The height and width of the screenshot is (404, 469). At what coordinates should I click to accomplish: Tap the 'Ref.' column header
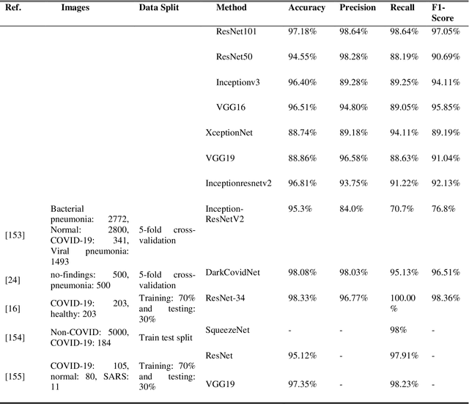[13, 8]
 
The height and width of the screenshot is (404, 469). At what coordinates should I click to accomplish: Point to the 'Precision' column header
[358, 8]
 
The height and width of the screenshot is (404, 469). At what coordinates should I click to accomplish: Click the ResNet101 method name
[236, 32]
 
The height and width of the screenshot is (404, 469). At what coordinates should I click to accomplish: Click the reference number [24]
[12, 279]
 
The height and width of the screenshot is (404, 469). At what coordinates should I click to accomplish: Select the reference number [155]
[15, 378]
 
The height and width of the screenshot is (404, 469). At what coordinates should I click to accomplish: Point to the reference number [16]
[12, 310]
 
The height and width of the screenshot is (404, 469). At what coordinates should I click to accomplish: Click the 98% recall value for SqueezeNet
[399, 331]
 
